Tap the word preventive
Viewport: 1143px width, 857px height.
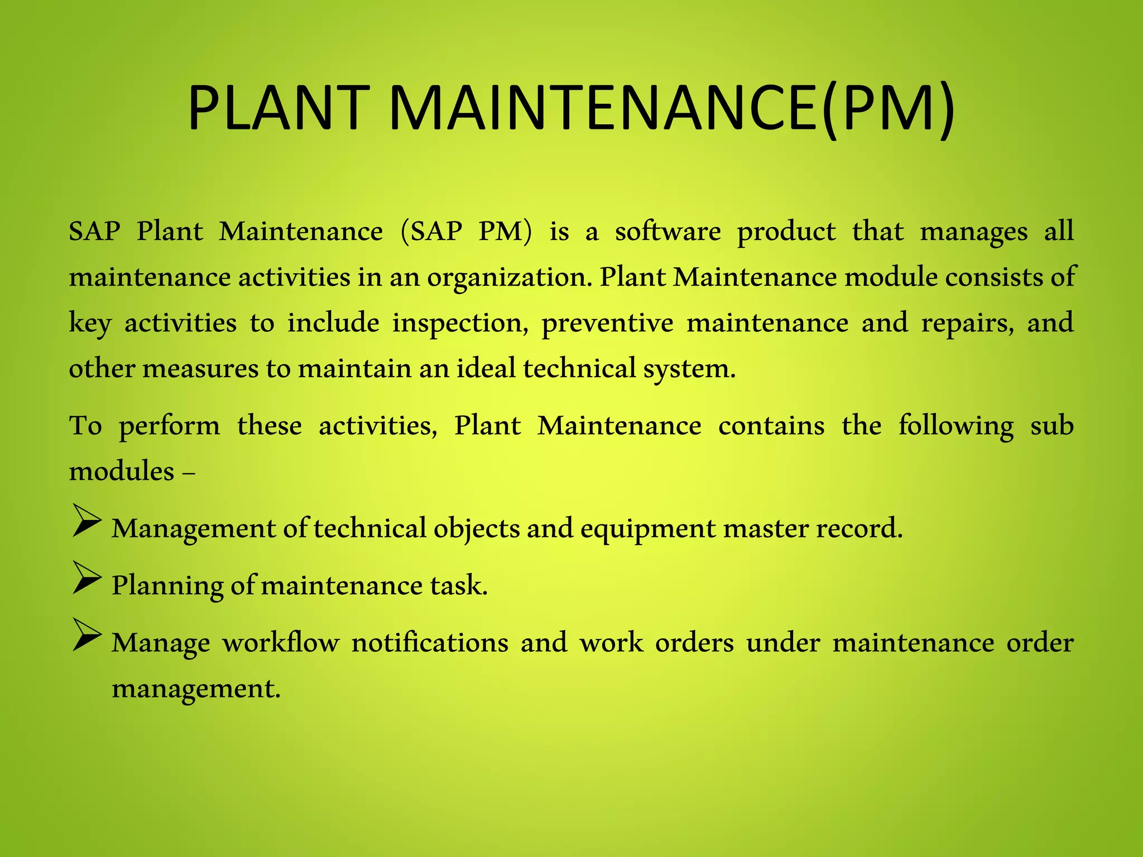tap(608, 323)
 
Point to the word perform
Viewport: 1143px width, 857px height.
tap(170, 426)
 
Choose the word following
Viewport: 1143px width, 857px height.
tap(956, 426)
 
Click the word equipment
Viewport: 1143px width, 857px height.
tap(648, 528)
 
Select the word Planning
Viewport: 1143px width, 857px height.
tap(167, 586)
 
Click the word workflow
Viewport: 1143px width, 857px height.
tap(281, 643)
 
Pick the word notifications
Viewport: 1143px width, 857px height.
tap(430, 643)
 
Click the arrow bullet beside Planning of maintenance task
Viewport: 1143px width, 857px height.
tap(87, 577)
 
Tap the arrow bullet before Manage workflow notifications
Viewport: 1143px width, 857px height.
tap(87, 635)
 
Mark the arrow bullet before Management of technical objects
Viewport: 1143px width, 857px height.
tap(87, 521)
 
